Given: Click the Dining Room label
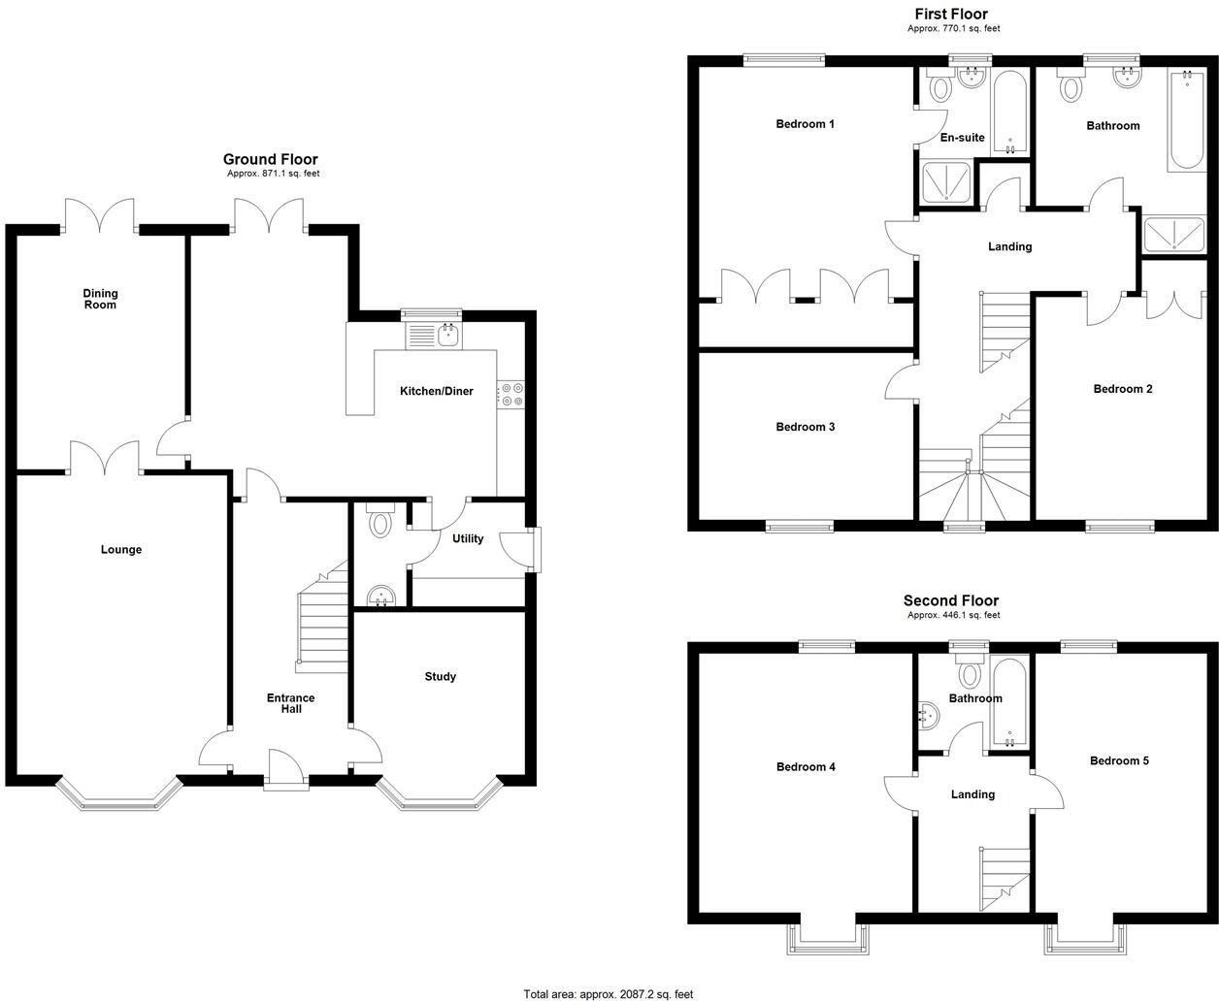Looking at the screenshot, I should pos(100,299).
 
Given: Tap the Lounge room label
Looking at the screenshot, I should pos(121,550).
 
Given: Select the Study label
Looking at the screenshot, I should pos(440,676).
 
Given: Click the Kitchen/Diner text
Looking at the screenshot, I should pos(437,391).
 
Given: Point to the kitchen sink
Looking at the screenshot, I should pos(447,336).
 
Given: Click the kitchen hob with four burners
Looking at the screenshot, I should pos(511,394).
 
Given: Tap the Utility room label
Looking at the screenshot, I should pos(468,538).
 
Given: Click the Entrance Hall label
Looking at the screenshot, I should pos(291,703).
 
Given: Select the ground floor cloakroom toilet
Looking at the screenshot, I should pos(379,522).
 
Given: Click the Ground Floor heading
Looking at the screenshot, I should pos(270,159).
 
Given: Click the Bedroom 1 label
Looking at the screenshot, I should pos(805,124).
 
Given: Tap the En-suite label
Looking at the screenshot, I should pos(962,138).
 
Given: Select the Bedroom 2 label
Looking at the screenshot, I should pos(1123,389).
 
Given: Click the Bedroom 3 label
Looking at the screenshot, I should pos(805,427).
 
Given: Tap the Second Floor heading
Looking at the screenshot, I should pos(950,600).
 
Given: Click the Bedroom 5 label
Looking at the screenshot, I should pos(1119,760).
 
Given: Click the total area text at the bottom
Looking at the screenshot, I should pos(609,993).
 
